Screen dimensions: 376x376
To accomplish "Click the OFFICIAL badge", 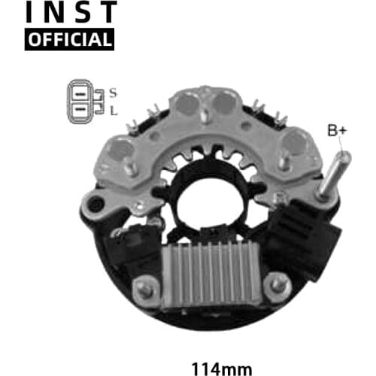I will (69, 38).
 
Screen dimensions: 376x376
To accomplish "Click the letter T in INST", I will (109, 12).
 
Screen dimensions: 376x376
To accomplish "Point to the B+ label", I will (337, 132).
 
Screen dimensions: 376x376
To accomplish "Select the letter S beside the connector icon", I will (113, 92).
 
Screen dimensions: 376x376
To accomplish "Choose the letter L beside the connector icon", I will (113, 111).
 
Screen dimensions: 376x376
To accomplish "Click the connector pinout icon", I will (85, 102).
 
